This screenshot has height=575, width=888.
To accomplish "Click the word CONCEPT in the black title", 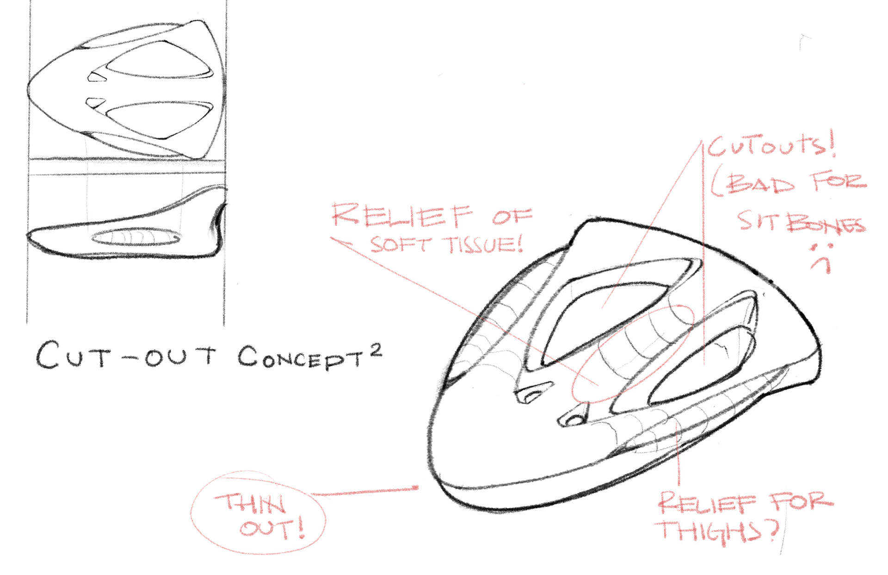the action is pos(301,358).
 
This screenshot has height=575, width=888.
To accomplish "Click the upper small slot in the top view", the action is pos(97,77).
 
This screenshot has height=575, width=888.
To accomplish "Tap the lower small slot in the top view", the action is pos(96,102).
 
